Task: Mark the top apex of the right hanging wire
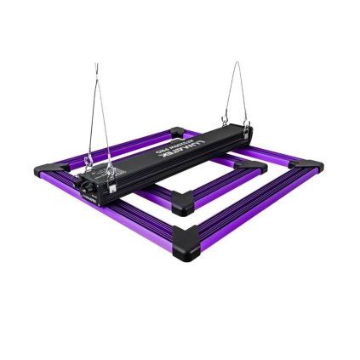coord(235,65)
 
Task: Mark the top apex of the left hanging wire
coord(96,66)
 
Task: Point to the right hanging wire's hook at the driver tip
coord(247,128)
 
